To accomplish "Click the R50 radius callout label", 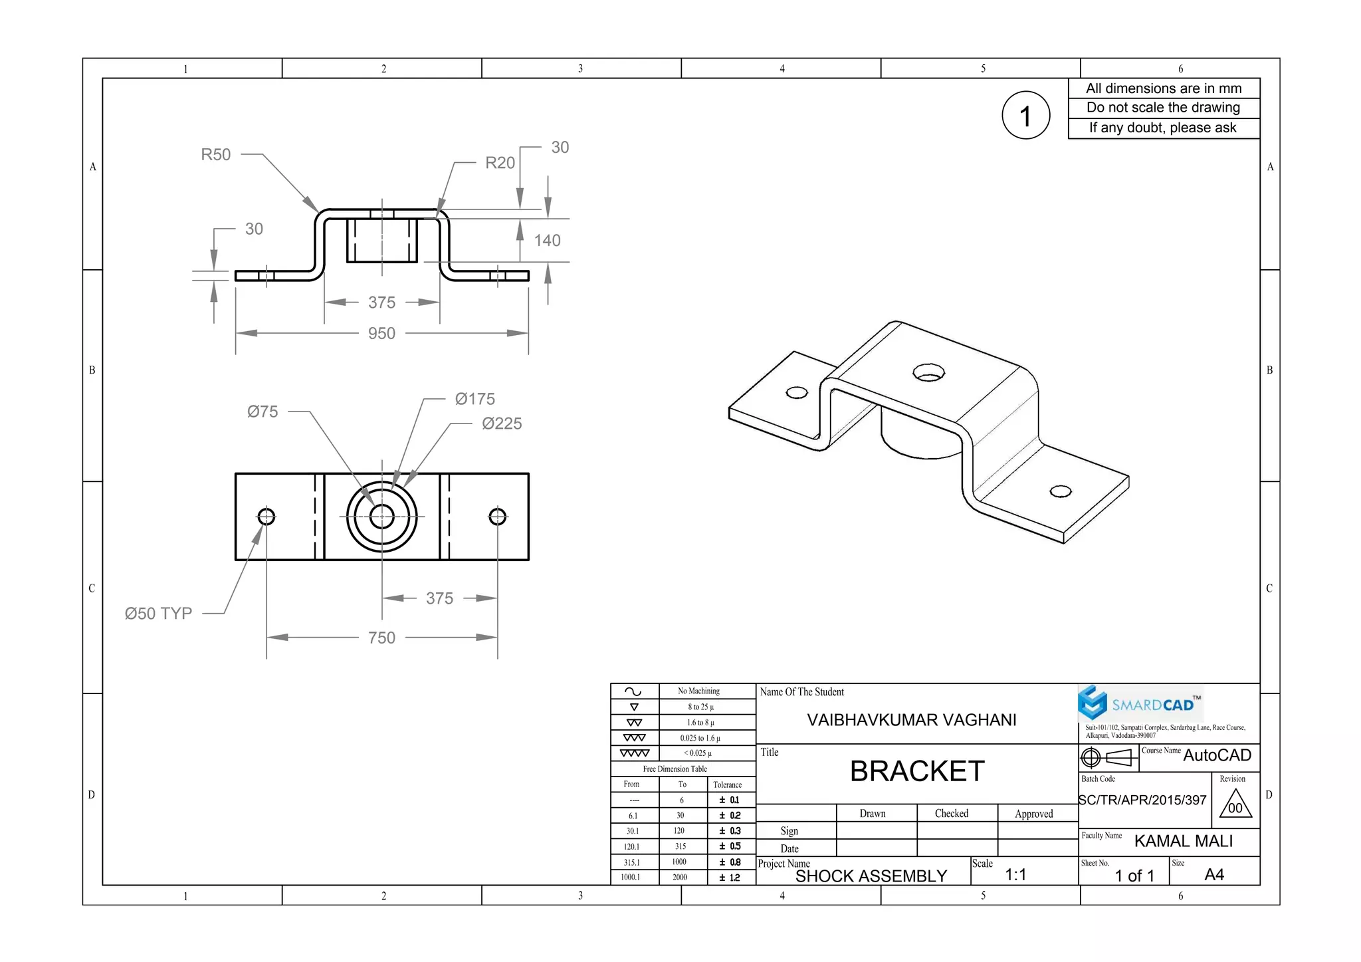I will point(215,154).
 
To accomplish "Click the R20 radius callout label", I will point(500,163).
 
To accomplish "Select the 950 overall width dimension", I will point(381,333).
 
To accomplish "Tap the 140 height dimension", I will point(547,241).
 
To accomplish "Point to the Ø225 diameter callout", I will point(502,423).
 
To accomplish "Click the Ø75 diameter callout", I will point(262,412).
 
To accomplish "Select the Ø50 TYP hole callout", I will point(158,613).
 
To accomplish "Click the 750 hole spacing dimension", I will point(381,638).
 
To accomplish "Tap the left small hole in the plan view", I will point(266,517).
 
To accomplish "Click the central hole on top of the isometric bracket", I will point(928,373).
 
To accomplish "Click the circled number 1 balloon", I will point(1025,116).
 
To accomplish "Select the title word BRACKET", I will point(916,771).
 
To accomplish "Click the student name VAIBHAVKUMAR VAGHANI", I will point(911,720).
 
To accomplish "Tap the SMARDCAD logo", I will point(1140,704).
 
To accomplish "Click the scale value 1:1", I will point(1015,874).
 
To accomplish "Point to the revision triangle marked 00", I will point(1235,805).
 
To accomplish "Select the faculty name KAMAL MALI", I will point(1183,841).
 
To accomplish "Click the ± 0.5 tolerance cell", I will point(729,846).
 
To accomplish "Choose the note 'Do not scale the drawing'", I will point(1163,108).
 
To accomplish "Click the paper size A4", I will point(1213,874).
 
